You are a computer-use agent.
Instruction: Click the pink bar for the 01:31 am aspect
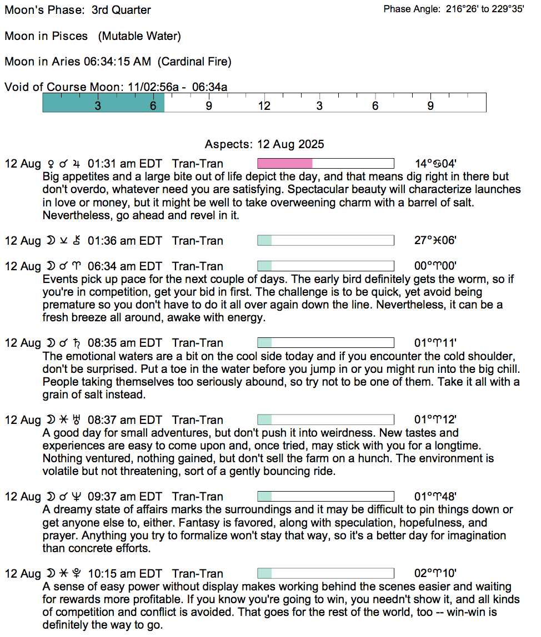(285, 164)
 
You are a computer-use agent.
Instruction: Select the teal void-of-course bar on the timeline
(103, 103)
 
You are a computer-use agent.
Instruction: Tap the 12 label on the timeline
(264, 106)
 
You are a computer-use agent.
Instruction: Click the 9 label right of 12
(430, 106)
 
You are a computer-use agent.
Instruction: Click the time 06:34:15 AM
(117, 62)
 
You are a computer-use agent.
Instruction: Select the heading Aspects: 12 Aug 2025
(264, 144)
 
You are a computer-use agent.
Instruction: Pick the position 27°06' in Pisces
(436, 241)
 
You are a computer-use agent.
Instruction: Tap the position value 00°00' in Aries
(436, 266)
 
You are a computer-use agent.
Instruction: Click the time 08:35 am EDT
(124, 343)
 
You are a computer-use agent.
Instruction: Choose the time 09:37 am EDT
(124, 497)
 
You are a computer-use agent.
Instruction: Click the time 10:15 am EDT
(124, 574)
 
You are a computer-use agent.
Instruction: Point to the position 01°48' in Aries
(436, 497)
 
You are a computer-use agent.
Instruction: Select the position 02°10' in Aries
(436, 574)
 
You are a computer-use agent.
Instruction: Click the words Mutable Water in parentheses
(139, 36)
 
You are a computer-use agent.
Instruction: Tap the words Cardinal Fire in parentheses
(194, 62)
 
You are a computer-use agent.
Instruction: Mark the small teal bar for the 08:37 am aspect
(265, 420)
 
